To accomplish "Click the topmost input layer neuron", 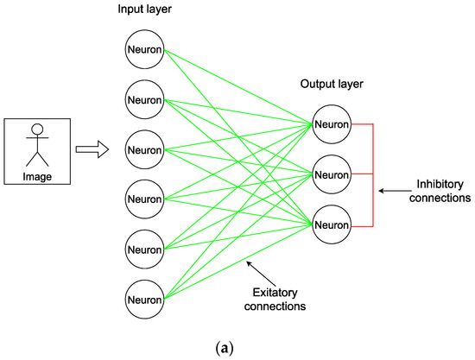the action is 144,49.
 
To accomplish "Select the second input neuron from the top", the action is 144,99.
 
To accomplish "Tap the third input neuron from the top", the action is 144,149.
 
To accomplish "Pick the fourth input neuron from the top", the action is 144,199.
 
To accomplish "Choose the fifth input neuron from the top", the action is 144,249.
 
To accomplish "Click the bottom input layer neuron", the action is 144,300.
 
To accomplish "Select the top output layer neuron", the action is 332,124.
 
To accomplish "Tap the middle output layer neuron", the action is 332,174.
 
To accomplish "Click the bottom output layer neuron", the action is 332,224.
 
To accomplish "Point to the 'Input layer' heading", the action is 144,9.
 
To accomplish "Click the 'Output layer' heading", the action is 332,84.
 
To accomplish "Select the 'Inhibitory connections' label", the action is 440,191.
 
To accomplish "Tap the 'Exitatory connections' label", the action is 275,300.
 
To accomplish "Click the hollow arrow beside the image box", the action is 92,149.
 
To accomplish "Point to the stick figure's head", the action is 37,129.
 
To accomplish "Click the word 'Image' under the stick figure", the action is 37,176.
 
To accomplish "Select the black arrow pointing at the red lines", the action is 395,191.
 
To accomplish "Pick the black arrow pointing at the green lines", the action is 261,274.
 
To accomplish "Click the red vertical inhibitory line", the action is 373,175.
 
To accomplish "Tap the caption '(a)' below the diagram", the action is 225,349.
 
